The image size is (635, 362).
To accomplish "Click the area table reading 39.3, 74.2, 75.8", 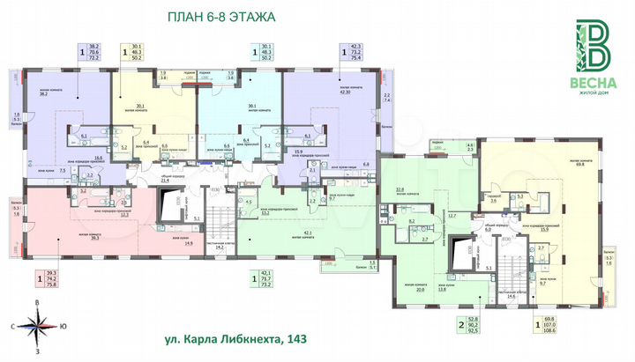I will [x=50, y=279].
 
